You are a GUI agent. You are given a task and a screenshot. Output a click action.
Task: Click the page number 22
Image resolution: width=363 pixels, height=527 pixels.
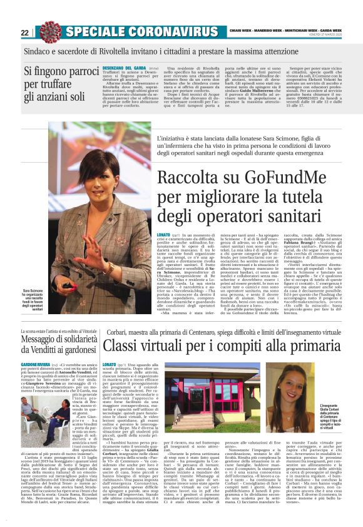click(x=24, y=33)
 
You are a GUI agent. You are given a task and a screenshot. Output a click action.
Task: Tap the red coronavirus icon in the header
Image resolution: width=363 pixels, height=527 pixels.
click(x=49, y=31)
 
